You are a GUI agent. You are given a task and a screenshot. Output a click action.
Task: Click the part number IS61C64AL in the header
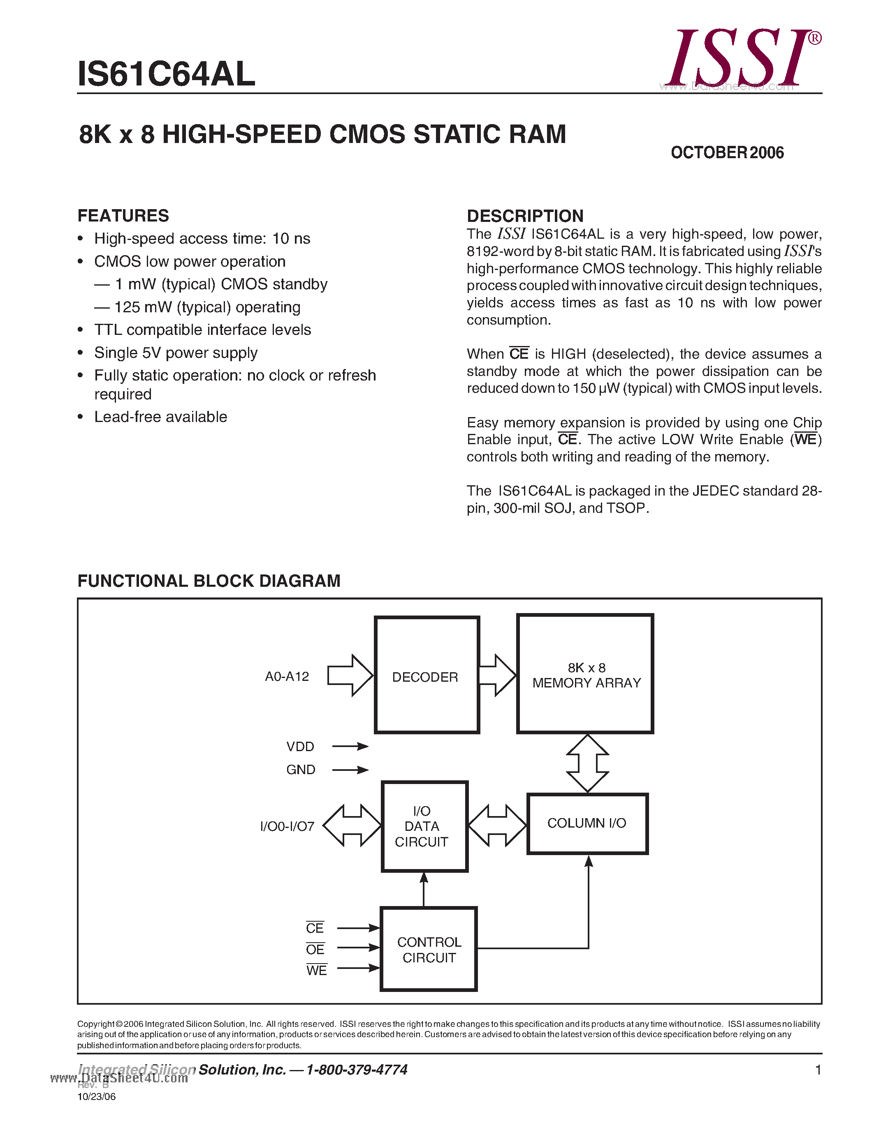[166, 74]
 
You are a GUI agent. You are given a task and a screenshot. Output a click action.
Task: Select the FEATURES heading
[123, 215]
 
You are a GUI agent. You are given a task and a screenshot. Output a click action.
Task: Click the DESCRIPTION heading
[525, 216]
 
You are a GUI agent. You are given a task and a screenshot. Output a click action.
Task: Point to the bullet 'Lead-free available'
[160, 417]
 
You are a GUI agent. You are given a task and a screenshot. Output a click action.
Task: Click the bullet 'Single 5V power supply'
[176, 353]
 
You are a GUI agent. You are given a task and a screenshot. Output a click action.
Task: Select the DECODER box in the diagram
[426, 675]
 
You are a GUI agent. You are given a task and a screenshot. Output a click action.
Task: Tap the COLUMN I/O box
[587, 823]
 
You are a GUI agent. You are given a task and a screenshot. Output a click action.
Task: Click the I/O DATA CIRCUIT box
[424, 826]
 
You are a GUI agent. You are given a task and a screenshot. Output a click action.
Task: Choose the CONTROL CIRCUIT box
[429, 950]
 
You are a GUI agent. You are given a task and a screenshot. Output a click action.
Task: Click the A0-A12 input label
[287, 676]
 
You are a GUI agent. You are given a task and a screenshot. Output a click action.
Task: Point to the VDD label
[300, 747]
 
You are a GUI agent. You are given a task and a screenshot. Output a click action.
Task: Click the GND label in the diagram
[300, 770]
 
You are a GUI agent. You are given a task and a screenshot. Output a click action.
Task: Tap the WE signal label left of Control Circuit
[316, 971]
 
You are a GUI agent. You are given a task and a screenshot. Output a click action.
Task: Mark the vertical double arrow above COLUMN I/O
[587, 763]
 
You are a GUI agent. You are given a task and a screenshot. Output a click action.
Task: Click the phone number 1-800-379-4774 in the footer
[357, 1070]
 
